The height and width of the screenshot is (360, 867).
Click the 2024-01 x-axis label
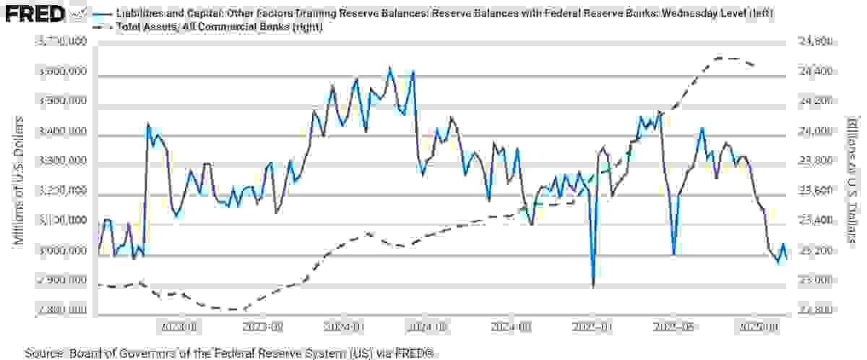point(344,327)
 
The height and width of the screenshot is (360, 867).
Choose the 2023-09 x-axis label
point(262,327)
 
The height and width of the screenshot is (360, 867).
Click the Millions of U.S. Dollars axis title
point(20,179)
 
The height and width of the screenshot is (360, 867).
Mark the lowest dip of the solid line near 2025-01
point(593,286)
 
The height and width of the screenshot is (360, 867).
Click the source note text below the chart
point(231,353)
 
